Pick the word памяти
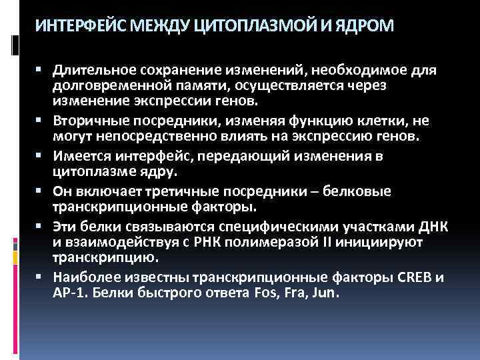point(183,86)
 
